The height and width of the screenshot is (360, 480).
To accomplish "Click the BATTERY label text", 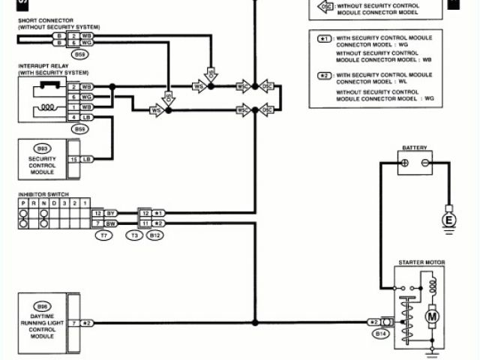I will coord(415,148).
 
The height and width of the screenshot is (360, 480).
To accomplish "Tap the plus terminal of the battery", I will coord(404,163).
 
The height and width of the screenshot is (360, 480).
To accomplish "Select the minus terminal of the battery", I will coord(425,163).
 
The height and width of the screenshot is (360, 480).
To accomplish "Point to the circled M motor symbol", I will coord(432,316).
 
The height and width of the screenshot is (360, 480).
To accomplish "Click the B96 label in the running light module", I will coord(42,306).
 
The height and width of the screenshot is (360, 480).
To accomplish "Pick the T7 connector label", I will coord(103,235).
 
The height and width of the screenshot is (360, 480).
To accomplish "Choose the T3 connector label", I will coord(135,235).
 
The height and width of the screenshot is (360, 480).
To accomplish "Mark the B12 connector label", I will coord(155,235).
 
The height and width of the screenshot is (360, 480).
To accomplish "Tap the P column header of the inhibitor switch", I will coord(23,203).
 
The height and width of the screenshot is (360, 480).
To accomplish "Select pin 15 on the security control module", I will coord(74,159).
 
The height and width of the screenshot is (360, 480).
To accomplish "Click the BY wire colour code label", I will coord(110,214).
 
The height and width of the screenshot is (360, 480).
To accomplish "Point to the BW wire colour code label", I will coord(110,223).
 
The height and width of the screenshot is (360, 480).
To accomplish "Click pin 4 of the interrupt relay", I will coord(74,117).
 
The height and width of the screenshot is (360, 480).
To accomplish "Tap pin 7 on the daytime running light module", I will coord(74,323).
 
